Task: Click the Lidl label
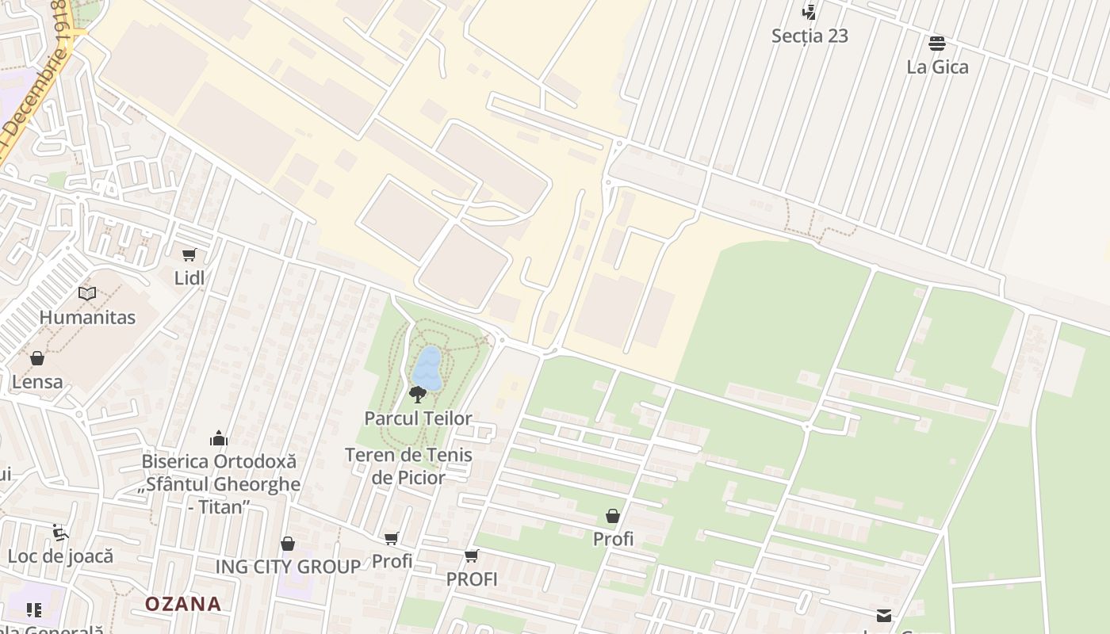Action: click(189, 278)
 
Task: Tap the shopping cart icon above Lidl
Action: click(189, 254)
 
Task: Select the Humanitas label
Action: click(87, 318)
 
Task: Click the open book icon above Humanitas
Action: click(87, 293)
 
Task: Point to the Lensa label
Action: click(37, 382)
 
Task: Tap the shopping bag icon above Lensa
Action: click(37, 358)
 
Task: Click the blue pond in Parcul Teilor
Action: click(427, 369)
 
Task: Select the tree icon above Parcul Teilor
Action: click(418, 394)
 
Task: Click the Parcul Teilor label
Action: click(418, 418)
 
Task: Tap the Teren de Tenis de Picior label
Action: click(408, 466)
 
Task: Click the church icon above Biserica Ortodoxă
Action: click(219, 438)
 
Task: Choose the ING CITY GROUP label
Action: click(289, 567)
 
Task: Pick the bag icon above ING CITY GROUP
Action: click(288, 544)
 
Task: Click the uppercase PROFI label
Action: click(472, 580)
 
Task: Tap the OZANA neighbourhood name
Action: click(183, 604)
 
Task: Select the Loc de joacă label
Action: click(61, 556)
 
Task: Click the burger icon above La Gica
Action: click(937, 43)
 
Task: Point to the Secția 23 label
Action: click(810, 36)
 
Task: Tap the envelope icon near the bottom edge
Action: click(884, 616)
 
